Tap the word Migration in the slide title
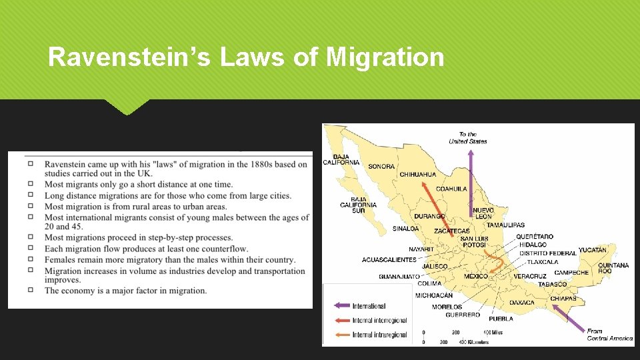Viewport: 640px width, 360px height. coord(385,57)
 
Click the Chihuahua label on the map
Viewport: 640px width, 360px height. coord(418,175)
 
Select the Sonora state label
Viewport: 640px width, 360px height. coord(381,166)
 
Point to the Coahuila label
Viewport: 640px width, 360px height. coord(451,189)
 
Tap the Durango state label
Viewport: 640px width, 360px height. coord(429,216)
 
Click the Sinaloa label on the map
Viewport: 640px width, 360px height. coord(405,229)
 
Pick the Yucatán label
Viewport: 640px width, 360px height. coord(593,250)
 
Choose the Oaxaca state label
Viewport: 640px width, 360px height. coord(522,303)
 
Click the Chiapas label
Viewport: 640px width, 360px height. coord(563,299)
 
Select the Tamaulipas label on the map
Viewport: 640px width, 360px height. coord(505,225)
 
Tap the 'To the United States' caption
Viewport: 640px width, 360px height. coord(468,138)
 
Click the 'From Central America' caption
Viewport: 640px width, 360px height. coord(609,335)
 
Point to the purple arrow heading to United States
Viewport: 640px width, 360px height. coord(470,180)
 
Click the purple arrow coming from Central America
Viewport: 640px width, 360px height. coord(569,319)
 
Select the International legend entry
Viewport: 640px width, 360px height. coord(369,306)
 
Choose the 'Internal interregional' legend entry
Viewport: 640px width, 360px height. coord(379,321)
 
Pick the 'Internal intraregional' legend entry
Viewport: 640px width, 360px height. coord(379,335)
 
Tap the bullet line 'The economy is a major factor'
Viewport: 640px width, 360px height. coord(125,291)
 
